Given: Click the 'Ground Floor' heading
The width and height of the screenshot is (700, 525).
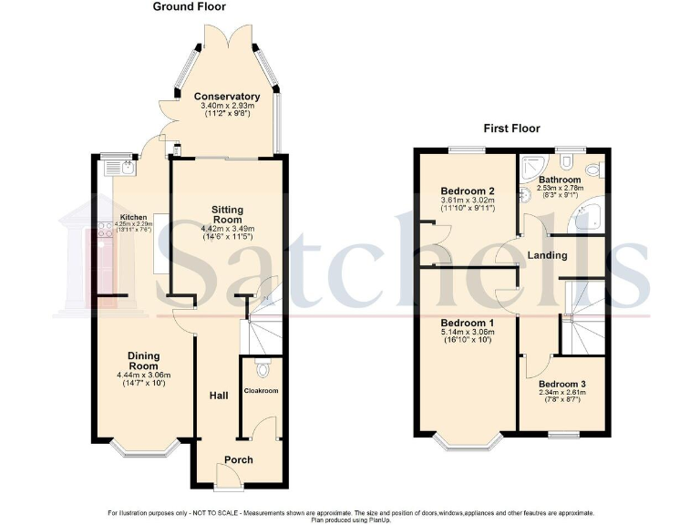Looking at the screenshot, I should pos(189,7).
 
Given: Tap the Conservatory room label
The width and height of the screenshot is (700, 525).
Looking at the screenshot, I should pos(227,97).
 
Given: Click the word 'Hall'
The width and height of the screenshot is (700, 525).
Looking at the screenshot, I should pos(219,396).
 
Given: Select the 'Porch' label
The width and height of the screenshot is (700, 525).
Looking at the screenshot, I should pos(239,459).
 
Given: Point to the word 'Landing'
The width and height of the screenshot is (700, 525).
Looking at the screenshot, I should pos(547,255).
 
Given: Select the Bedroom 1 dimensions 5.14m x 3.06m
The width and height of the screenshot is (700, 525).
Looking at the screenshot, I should pos(468,334).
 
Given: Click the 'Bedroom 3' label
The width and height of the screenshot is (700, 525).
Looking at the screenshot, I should pos(562,385).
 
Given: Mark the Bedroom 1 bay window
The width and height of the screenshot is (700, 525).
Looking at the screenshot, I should pos(468,444).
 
